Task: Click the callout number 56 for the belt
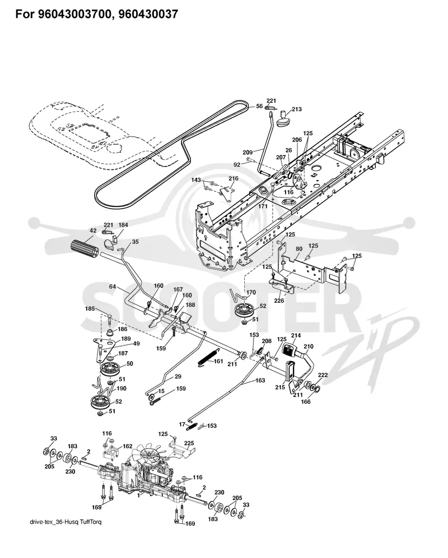[259, 106]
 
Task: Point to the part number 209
[248, 153]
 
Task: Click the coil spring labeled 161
[205, 357]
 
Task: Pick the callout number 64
[112, 286]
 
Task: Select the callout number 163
[260, 380]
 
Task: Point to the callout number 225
[189, 443]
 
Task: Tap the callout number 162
[127, 446]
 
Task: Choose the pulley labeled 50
[110, 370]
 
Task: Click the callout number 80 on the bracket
[299, 249]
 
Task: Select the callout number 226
[279, 301]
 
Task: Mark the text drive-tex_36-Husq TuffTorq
[66, 522]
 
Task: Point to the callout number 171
[263, 206]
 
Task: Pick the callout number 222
[323, 375]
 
